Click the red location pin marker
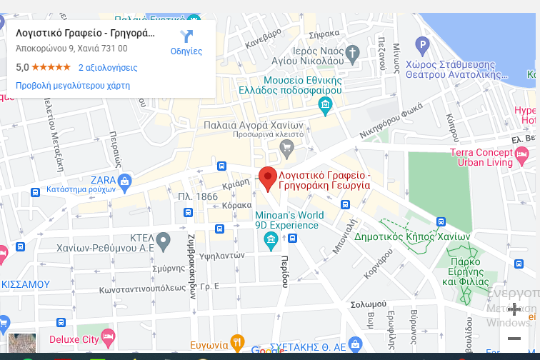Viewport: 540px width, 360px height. point(267,177)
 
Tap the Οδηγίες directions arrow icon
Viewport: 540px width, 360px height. point(186,36)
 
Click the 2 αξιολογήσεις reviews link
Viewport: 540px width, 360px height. point(108,68)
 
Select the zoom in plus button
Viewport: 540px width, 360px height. point(514,309)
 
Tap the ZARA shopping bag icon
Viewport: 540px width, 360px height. point(125,181)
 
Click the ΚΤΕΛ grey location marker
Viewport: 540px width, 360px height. point(164,239)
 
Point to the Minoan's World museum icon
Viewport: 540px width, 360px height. point(271,239)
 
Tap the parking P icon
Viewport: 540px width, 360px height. point(422,47)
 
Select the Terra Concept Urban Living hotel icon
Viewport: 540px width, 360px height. point(522,152)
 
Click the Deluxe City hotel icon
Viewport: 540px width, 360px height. point(108,334)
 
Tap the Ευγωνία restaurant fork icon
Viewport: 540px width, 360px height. point(237,341)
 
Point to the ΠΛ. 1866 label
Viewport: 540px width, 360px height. point(198,196)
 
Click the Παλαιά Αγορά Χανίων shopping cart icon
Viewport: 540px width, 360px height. point(287,149)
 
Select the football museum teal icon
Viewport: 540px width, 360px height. point(326,106)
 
